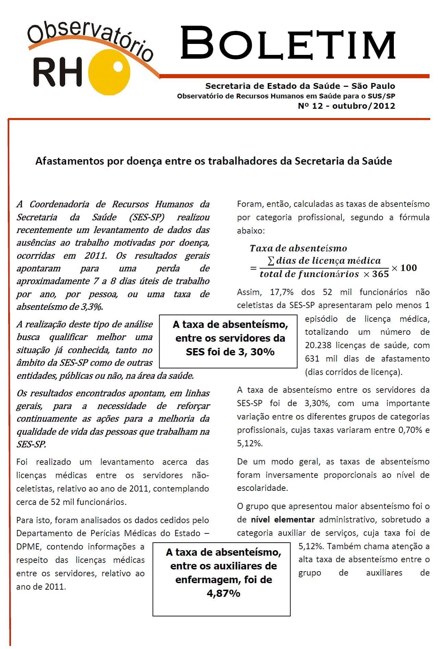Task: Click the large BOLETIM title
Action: (x=288, y=45)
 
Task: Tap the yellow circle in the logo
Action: (x=109, y=74)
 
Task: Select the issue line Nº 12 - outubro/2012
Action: (x=346, y=106)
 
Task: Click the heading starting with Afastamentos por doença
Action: (x=214, y=161)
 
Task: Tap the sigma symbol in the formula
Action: (x=271, y=261)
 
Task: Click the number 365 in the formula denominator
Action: (x=380, y=274)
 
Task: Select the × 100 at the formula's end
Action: (x=404, y=268)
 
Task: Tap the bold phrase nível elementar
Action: (x=283, y=519)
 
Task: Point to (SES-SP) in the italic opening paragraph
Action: (x=145, y=217)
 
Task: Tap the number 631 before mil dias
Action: (x=312, y=359)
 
